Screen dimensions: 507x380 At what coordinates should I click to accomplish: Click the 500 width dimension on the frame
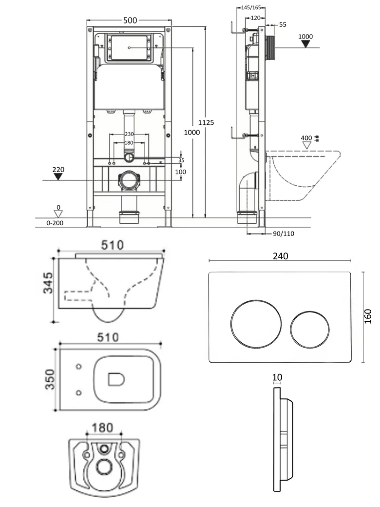(130, 20)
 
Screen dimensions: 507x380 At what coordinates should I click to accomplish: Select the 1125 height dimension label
(206, 123)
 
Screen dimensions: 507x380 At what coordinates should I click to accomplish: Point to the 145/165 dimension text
(251, 8)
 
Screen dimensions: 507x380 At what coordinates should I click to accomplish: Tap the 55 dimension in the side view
(283, 24)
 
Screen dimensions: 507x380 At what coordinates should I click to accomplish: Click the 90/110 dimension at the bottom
(283, 234)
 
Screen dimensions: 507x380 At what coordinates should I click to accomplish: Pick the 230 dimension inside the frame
(129, 134)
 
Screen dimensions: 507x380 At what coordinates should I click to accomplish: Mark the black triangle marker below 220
(58, 177)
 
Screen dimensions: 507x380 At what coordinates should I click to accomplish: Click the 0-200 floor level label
(55, 223)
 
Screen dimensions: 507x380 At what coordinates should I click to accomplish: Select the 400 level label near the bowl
(306, 138)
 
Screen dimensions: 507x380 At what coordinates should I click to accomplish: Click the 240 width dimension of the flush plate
(281, 256)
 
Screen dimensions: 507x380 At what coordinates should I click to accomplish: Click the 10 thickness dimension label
(278, 377)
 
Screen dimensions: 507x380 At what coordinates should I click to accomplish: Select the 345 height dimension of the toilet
(47, 283)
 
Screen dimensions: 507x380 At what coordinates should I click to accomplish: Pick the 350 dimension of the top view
(50, 379)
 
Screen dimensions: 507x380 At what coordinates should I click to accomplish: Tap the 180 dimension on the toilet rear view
(103, 428)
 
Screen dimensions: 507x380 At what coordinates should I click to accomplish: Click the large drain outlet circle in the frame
(128, 180)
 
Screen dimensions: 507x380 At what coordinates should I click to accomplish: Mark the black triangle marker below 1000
(305, 44)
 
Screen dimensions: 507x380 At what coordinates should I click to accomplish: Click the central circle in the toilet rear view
(104, 467)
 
